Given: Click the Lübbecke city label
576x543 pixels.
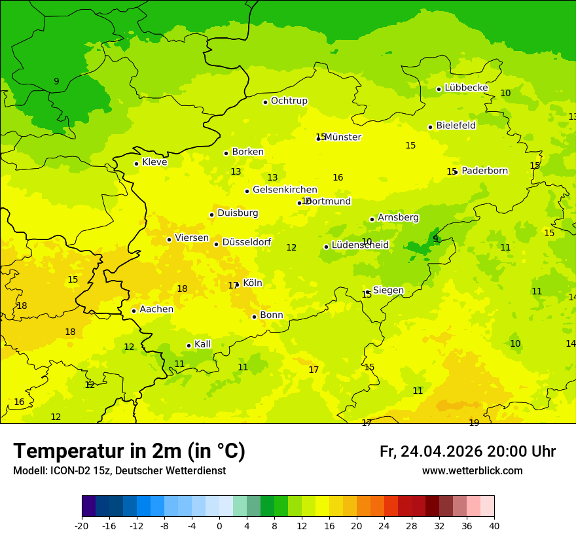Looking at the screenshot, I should [466, 88].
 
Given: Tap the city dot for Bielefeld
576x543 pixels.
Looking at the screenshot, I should [430, 127].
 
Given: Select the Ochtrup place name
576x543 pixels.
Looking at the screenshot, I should [289, 101].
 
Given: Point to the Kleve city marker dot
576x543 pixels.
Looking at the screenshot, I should [136, 164].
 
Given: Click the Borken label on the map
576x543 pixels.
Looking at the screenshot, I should [247, 152].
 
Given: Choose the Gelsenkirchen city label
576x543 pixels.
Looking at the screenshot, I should [285, 190].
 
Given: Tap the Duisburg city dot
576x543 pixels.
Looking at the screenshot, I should [211, 215].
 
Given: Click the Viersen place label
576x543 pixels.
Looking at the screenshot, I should [191, 238].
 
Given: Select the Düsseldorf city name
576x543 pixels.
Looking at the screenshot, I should [246, 242].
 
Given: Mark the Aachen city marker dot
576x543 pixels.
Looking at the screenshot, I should [134, 311].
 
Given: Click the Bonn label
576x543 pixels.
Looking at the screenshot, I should [272, 315].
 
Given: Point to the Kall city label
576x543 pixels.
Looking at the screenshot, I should [202, 344].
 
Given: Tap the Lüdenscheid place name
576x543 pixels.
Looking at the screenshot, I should [360, 245].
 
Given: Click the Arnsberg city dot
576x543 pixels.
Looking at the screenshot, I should [372, 219].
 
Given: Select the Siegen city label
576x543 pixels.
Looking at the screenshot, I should [388, 290].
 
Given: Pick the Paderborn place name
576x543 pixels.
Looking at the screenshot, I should [484, 171].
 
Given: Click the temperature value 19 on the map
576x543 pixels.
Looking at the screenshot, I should [474, 423].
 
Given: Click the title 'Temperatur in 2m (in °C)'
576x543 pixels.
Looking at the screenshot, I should [129, 451].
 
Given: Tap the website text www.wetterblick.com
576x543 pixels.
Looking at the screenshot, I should [472, 471].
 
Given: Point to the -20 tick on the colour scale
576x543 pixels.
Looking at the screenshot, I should [82, 526].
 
